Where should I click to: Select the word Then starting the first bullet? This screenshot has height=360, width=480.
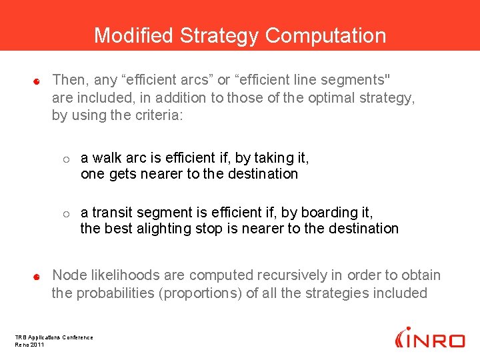tap(69, 80)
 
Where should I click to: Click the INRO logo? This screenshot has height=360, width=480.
tap(429, 338)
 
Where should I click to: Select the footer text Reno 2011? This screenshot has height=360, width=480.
tap(30, 344)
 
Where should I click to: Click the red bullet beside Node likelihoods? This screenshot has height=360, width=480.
tap(38, 276)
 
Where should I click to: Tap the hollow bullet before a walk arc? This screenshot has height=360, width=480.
tap(66, 159)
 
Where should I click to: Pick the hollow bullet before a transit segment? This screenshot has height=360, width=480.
tap(66, 214)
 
